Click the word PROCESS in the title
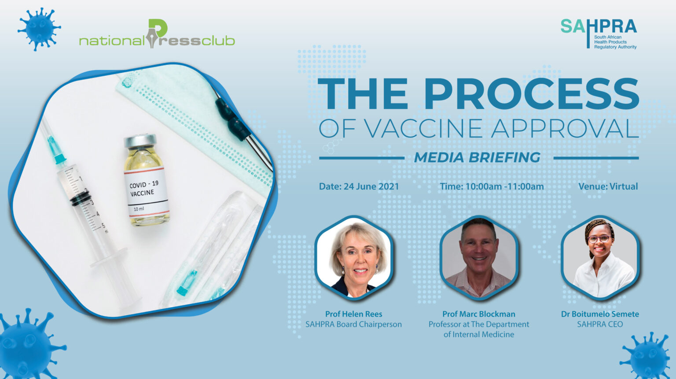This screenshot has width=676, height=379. click(533, 93)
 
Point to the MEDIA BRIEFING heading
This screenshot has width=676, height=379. click(477, 157)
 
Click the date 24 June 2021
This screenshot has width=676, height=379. click(371, 186)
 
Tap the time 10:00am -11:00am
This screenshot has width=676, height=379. click(505, 186)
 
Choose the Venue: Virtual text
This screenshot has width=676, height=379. click(608, 186)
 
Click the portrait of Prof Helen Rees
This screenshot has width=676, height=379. click(354, 257)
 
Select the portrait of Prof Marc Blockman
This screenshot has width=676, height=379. click(479, 257)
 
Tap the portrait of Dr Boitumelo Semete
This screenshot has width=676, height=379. click(600, 257)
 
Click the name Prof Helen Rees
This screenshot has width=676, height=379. click(354, 314)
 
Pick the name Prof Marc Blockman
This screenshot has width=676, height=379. click(479, 314)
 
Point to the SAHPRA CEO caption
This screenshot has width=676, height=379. click(600, 324)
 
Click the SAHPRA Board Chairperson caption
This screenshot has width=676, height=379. click(354, 324)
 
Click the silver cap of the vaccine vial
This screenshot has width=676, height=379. click(141, 141)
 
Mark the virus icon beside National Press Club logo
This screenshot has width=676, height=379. click(39, 30)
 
